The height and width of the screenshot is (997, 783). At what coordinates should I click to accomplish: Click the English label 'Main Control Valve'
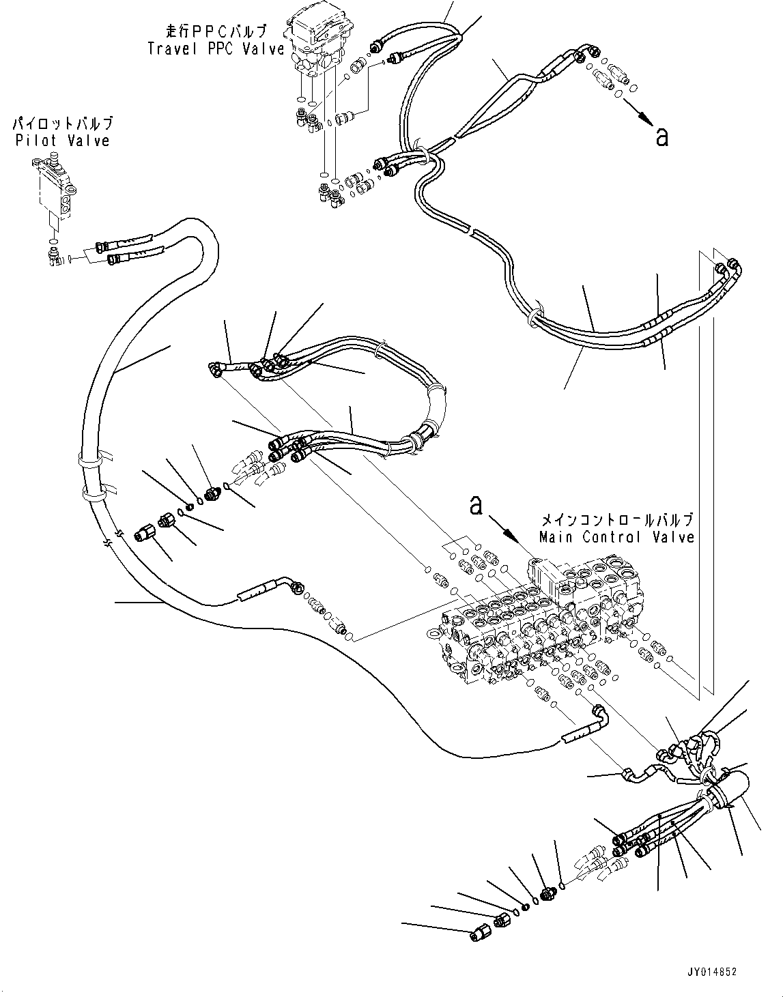tap(616, 537)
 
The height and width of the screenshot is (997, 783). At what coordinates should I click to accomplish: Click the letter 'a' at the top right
tap(660, 136)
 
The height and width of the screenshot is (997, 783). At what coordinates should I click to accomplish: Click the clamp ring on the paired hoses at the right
tap(537, 317)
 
